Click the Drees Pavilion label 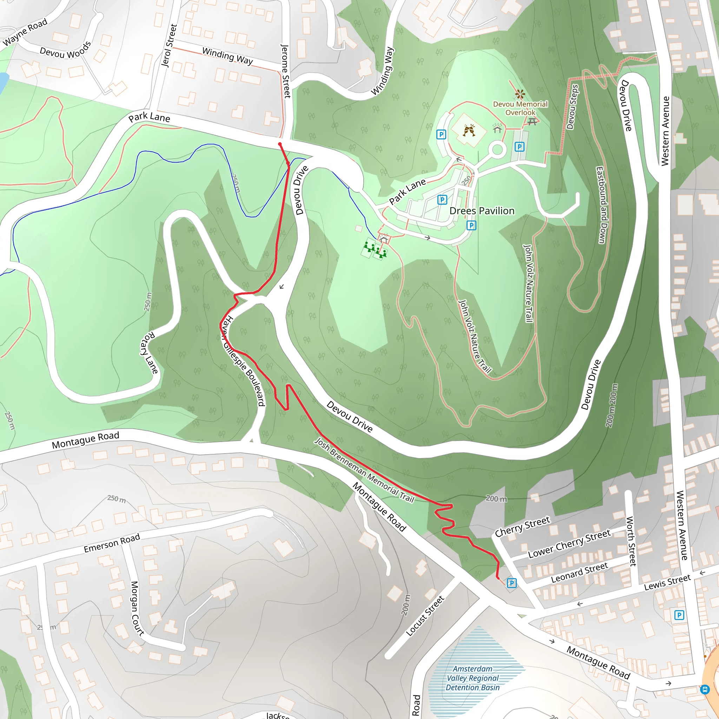[x=482, y=211]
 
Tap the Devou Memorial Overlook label [x=520, y=108]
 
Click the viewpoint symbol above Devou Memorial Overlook [x=520, y=93]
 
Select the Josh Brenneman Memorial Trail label [x=364, y=470]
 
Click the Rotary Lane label [x=149, y=352]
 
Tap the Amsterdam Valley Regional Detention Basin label [x=473, y=678]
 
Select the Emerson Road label [x=112, y=543]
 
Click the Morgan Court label [x=137, y=607]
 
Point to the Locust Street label [x=425, y=615]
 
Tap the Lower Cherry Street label [x=569, y=544]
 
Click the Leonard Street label [x=579, y=573]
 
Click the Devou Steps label [x=572, y=107]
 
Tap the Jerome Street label [x=285, y=71]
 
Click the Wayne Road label [x=25, y=32]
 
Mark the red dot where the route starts [x=280, y=144]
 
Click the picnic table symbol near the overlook [x=532, y=121]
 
